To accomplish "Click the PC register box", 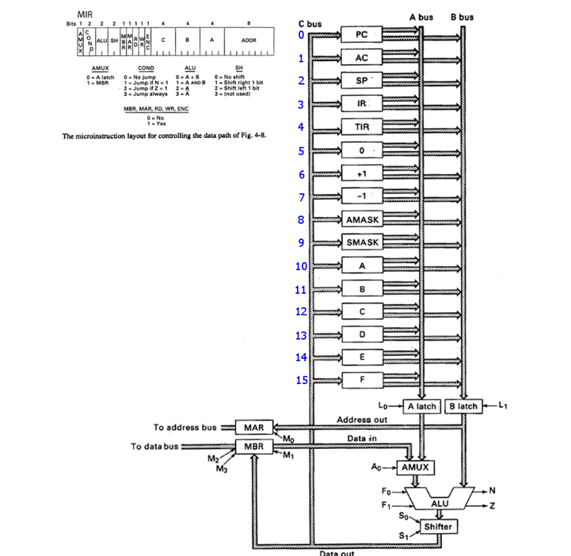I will (361, 35).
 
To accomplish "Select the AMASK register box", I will (361, 219).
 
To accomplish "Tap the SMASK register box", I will (361, 242).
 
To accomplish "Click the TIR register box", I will (361, 127).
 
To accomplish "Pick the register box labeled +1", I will (361, 173).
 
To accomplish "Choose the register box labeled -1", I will (361, 196).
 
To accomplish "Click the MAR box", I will (253, 428).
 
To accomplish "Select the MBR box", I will (253, 447).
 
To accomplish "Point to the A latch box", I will (421, 406).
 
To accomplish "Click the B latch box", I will (463, 406).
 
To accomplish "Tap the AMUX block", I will (415, 467).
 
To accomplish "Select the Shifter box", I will (439, 527).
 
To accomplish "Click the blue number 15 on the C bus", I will (300, 380).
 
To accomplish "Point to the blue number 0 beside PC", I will (301, 35).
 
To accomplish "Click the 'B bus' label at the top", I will (463, 17).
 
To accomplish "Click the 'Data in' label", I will (362, 437).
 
